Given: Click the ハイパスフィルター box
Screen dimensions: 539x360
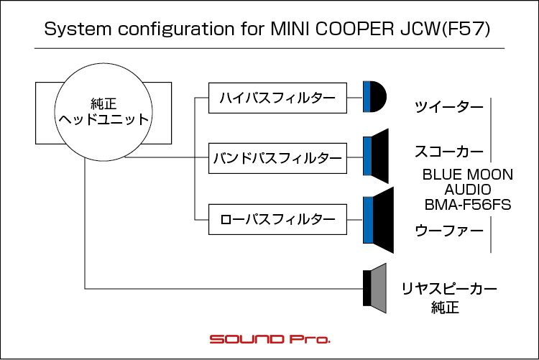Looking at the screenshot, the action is tap(277, 98).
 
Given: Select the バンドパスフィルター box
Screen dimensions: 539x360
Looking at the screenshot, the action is tap(277, 158).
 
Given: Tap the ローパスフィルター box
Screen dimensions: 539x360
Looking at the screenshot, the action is tap(277, 219).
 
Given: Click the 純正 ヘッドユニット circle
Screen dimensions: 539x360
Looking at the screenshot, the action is tap(103, 112).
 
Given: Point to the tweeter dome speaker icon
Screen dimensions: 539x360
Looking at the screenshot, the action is tap(374, 96).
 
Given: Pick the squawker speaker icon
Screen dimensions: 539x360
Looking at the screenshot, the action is tap(376, 156).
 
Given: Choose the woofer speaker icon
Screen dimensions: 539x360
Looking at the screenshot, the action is tap(378, 220).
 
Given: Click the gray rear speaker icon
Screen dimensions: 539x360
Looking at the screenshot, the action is tap(375, 288).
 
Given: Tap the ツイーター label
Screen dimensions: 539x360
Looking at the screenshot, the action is tap(449, 107).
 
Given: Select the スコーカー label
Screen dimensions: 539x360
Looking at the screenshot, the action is tap(449, 152).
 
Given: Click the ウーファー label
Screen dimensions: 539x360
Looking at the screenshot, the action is tap(449, 231).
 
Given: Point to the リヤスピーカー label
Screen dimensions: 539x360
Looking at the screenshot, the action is tap(449, 289).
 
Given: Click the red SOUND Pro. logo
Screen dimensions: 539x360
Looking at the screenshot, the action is tap(269, 339).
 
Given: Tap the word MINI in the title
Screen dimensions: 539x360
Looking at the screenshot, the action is tap(290, 29).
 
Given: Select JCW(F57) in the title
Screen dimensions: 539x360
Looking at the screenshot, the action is tap(445, 29).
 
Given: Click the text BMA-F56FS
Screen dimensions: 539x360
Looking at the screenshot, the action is tap(468, 205).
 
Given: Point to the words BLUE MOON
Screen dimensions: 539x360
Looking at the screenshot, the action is tap(468, 175).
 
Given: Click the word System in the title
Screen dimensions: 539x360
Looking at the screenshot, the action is tap(78, 29).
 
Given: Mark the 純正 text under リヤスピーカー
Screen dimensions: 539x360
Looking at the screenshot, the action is tap(446, 308).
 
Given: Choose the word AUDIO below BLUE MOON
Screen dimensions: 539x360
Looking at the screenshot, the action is tap(468, 190).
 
